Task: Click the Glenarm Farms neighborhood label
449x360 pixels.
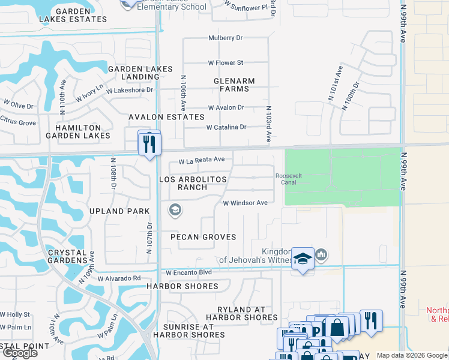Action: tap(234, 85)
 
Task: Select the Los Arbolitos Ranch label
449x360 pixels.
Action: tap(193, 183)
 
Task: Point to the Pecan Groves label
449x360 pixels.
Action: tap(203, 237)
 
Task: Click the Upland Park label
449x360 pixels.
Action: tap(119, 211)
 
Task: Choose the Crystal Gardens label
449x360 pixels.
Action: tap(68, 256)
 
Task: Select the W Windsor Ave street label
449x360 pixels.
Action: tap(245, 203)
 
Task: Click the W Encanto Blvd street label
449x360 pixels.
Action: tap(189, 272)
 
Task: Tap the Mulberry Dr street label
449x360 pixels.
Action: tap(225, 38)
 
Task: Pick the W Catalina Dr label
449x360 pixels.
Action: tap(226, 127)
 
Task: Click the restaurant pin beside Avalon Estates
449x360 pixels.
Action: tap(149, 143)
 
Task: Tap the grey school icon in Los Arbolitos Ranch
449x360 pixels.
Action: tap(176, 209)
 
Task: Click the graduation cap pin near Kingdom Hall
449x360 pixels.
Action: tap(303, 259)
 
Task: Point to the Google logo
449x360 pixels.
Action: tap(19, 353)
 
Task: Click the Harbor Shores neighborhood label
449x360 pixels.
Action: tap(182, 286)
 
